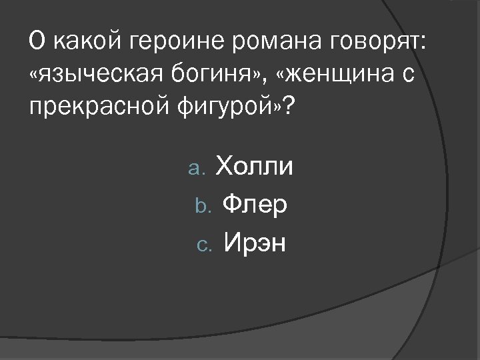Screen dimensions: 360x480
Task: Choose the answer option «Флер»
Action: click(x=255, y=205)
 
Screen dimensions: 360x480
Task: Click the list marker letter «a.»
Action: click(x=198, y=169)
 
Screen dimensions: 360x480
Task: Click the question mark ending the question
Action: click(x=287, y=105)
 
